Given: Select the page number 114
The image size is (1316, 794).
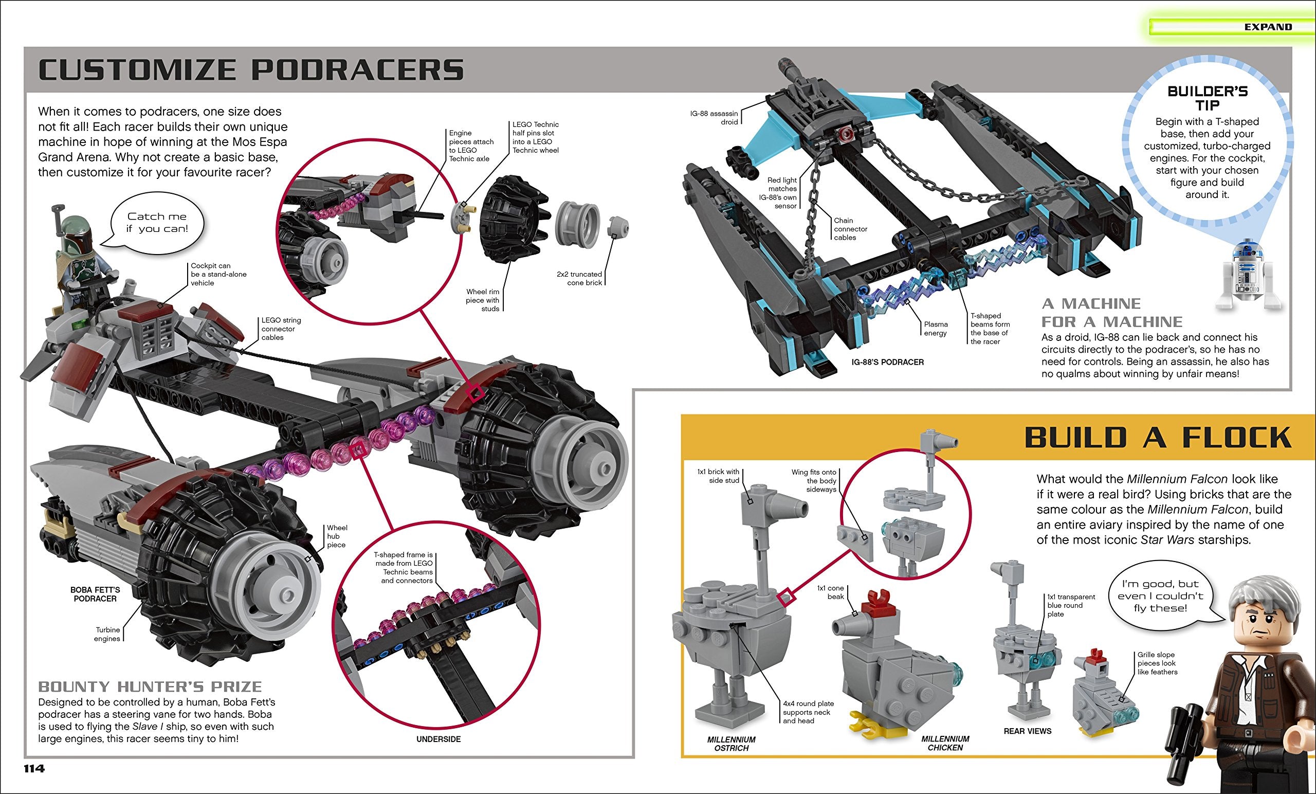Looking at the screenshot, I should (33, 768).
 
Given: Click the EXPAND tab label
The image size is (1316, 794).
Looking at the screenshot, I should (1267, 27).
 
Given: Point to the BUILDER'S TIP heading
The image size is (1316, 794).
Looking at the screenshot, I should (1207, 98).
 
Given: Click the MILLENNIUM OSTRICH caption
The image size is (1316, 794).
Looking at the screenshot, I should (731, 743).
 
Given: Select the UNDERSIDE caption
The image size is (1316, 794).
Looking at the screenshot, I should (438, 739).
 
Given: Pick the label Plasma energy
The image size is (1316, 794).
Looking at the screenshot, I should (936, 329).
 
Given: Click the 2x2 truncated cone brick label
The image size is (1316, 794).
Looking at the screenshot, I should (579, 278).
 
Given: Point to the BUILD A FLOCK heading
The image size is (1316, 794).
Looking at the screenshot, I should (1157, 438).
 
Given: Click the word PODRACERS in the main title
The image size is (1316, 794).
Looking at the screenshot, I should (357, 70).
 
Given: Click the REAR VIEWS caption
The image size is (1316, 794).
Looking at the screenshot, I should (1027, 731).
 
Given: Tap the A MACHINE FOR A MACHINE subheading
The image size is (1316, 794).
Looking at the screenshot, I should (1112, 313).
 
